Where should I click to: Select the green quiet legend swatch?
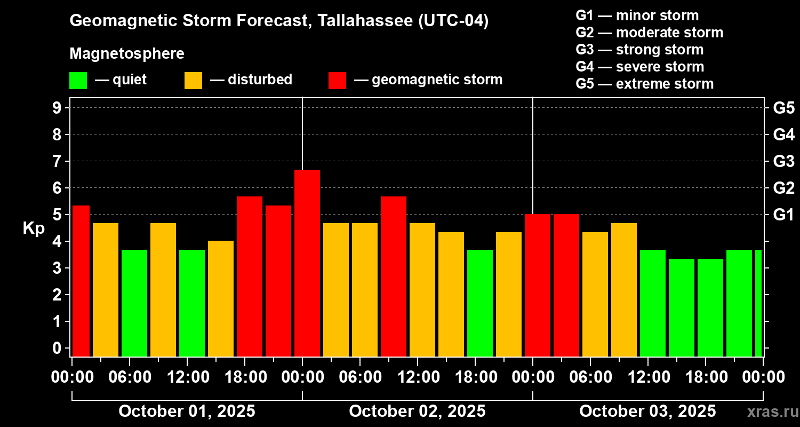coord(78,80)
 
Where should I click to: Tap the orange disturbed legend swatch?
coord(193,80)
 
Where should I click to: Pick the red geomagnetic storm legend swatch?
coord(337,80)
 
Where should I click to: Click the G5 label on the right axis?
coord(783,108)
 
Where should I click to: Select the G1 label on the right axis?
coord(783,215)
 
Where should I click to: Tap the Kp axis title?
coord(33,228)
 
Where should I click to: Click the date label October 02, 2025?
coord(417,412)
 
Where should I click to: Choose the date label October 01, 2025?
coord(187,412)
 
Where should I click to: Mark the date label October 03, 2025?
coord(647,412)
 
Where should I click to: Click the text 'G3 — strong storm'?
coord(639,50)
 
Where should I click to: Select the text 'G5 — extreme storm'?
coord(644,84)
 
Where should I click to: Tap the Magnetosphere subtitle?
coord(127,54)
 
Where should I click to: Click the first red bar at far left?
coord(81,281)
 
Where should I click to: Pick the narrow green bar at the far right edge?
coord(758,303)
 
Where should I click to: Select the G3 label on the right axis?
coord(783,162)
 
